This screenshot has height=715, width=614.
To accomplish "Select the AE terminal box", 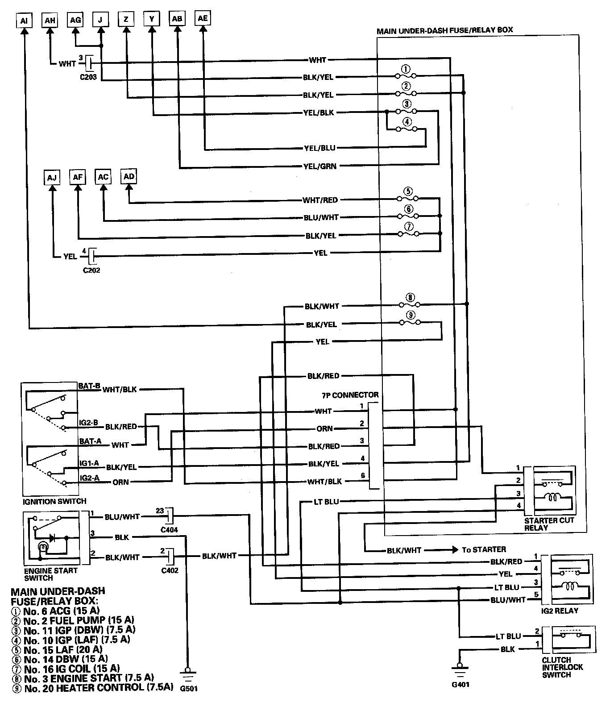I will click(203, 18).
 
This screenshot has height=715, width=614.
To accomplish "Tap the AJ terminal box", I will click(52, 178).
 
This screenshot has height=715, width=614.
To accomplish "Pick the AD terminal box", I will click(129, 177).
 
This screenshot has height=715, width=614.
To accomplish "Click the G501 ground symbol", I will click(188, 673).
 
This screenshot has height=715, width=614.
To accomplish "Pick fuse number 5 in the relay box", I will click(407, 197).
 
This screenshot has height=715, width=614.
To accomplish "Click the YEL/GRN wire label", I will click(320, 166).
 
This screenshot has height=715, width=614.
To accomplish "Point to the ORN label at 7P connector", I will click(324, 428).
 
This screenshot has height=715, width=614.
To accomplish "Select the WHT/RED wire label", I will click(320, 200).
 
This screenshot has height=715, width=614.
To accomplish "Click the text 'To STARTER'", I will click(484, 549).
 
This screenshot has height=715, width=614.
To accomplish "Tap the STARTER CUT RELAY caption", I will click(549, 524).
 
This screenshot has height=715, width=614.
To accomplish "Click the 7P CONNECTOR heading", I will click(350, 395).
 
